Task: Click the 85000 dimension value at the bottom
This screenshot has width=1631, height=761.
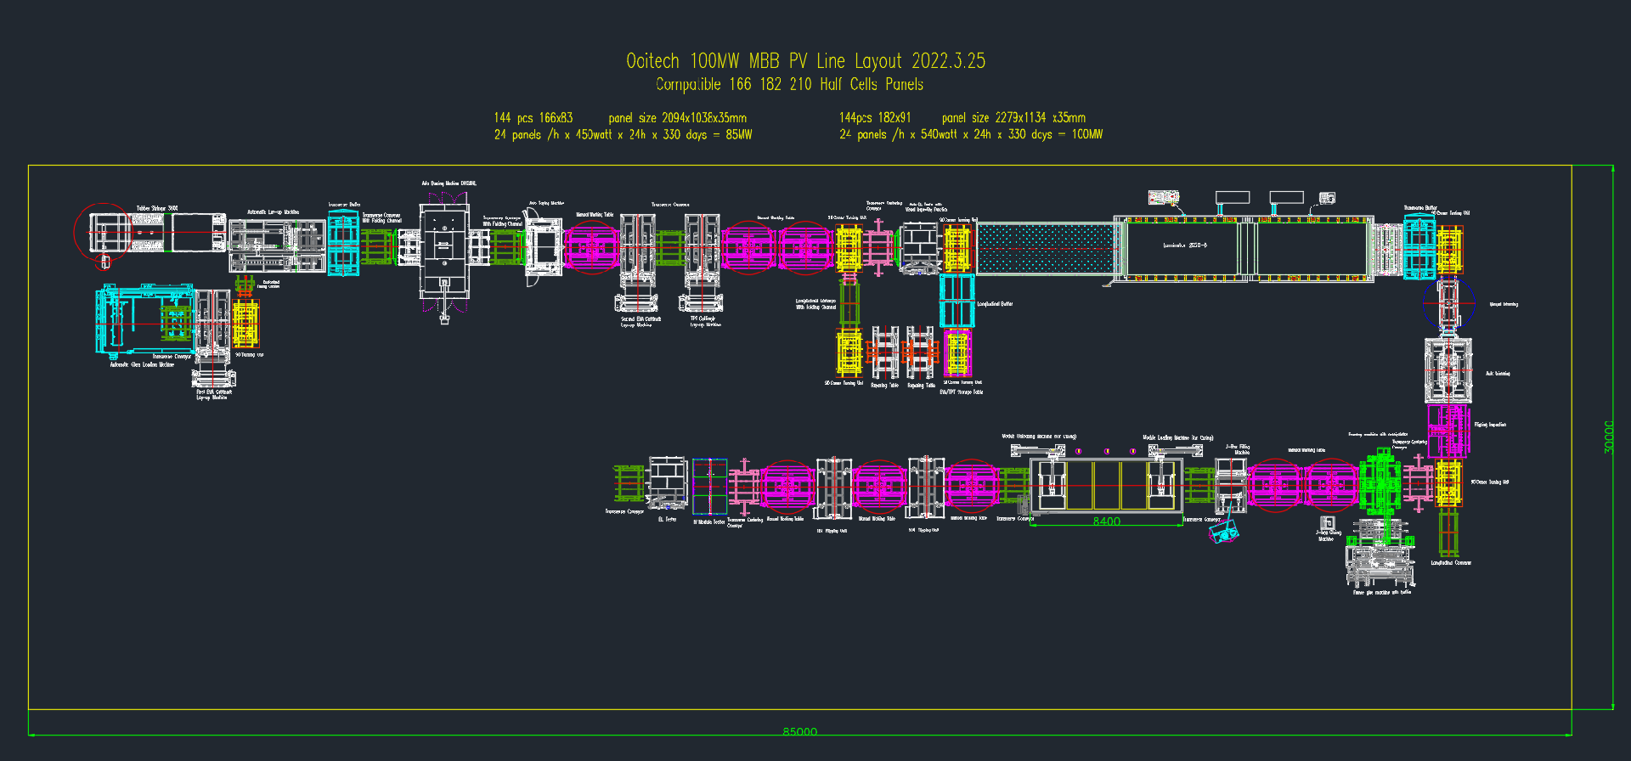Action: click(799, 730)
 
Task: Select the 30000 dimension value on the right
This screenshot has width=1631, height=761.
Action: click(1608, 437)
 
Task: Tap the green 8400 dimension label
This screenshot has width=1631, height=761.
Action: click(1106, 521)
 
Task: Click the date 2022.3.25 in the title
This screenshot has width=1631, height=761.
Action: click(948, 61)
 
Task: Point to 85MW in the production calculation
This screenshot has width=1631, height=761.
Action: click(738, 134)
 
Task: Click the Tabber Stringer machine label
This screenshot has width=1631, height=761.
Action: click(157, 208)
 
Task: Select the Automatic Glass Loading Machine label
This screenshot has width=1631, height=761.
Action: click(142, 364)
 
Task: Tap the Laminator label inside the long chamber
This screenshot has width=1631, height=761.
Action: click(1184, 245)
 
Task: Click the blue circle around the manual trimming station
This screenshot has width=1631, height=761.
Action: click(1448, 302)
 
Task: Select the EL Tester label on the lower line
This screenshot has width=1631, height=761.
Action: click(667, 519)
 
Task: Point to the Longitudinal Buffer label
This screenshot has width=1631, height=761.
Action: click(995, 303)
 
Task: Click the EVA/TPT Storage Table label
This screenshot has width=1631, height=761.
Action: click(961, 392)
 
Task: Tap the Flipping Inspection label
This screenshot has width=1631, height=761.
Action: click(1490, 425)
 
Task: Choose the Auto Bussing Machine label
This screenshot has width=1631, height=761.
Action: click(449, 183)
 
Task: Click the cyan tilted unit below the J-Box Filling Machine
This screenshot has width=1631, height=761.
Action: click(1224, 533)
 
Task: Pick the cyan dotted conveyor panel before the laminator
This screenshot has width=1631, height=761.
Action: click(1044, 247)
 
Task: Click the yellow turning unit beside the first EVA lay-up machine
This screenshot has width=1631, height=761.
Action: click(245, 324)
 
